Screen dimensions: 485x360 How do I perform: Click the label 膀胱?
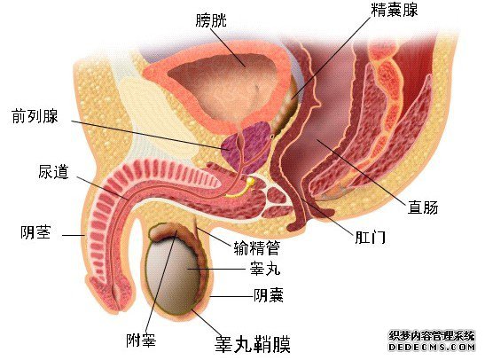click(211, 20)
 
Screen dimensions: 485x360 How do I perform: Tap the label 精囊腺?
click(394, 10)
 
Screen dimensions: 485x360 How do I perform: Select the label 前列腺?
click(35, 116)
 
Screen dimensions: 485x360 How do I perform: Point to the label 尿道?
click(53, 172)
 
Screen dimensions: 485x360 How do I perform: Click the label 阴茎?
click(35, 232)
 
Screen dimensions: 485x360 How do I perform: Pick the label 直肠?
click(423, 207)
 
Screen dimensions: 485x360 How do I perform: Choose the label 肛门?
click(370, 238)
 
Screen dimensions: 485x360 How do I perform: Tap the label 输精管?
click(257, 248)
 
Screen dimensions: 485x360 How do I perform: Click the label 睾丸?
click(265, 269)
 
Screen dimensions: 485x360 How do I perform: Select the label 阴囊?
click(269, 294)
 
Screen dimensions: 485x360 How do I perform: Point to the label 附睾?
click(141, 340)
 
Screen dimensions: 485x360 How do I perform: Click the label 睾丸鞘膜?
click(253, 344)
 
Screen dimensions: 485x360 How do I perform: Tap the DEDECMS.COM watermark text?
click(432, 347)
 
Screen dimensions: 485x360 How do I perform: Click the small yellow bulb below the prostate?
click(250, 181)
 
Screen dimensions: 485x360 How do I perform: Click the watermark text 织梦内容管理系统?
click(432, 336)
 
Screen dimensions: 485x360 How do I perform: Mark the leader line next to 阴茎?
click(74, 235)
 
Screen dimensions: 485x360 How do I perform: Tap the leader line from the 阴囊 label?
click(231, 296)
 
